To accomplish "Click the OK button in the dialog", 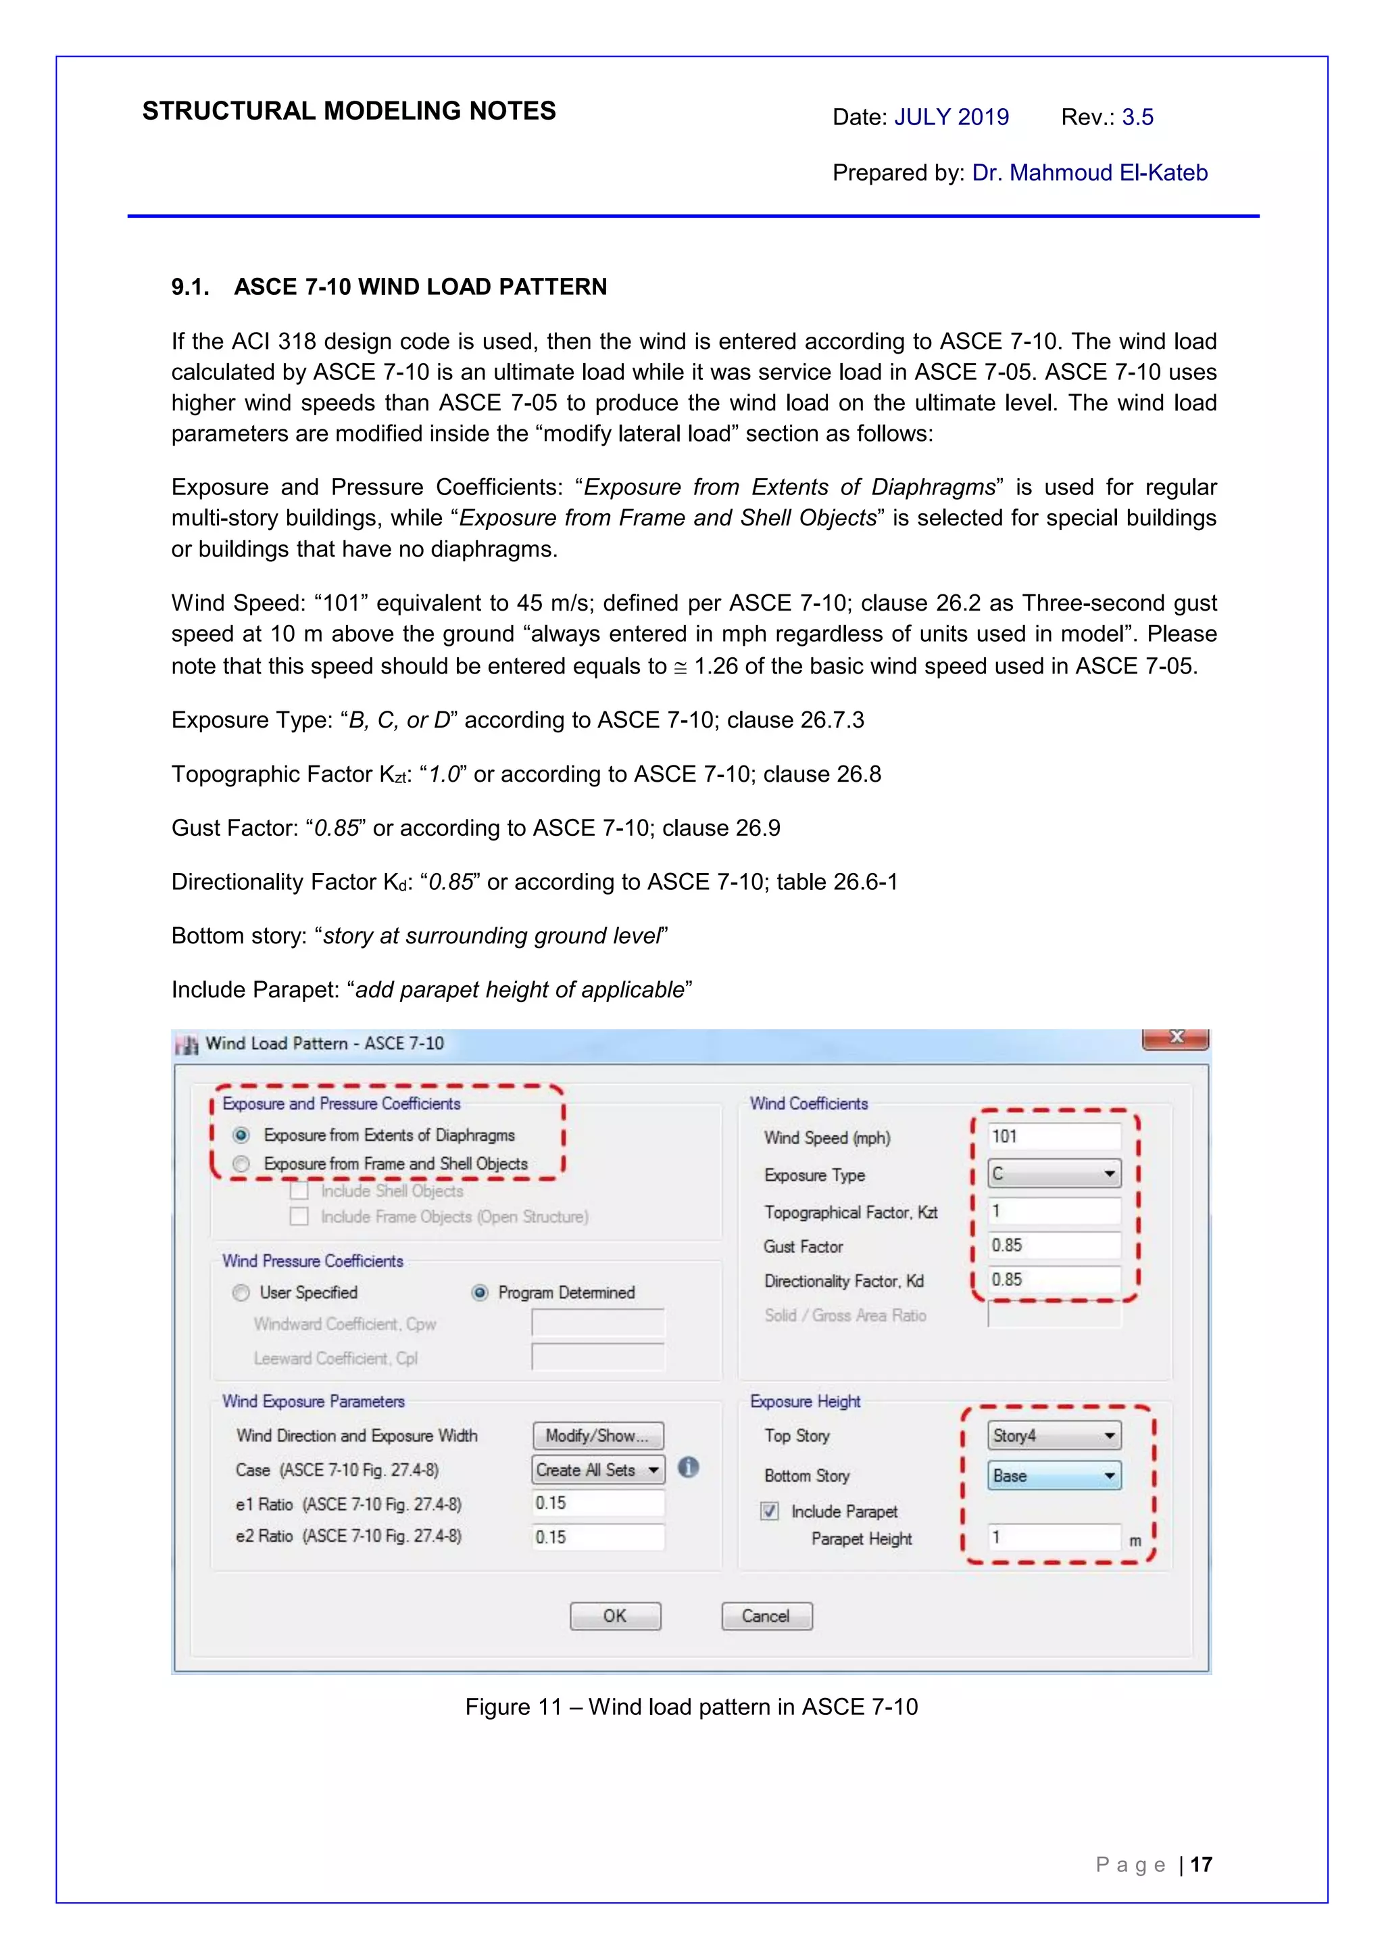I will [x=615, y=1616].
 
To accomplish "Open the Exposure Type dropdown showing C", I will [x=1054, y=1174].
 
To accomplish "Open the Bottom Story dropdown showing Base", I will [x=1054, y=1476].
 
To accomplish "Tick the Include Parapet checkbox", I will [x=769, y=1512].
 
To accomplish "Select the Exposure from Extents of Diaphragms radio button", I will [x=241, y=1135].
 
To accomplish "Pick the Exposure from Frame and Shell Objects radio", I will [x=241, y=1164].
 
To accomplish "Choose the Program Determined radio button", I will [x=480, y=1293].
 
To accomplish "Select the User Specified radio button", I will [x=241, y=1293].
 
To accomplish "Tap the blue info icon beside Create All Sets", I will [x=688, y=1467].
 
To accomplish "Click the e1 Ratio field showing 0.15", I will [x=598, y=1503].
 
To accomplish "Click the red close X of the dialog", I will [x=1176, y=1037].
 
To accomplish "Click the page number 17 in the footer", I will [x=1201, y=1865].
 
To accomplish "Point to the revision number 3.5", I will [x=1137, y=117].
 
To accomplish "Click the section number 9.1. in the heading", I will [x=190, y=287].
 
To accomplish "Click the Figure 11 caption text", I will [x=691, y=1707].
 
